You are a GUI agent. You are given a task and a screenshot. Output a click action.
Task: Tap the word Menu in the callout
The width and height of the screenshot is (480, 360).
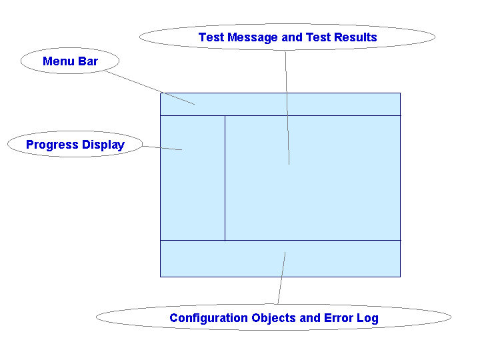pyautogui.click(x=57, y=61)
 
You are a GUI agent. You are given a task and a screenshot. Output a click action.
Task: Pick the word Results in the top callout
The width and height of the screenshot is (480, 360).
pyautogui.click(x=354, y=37)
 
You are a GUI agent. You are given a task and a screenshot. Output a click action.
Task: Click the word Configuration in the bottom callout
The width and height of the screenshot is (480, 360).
pyautogui.click(x=209, y=318)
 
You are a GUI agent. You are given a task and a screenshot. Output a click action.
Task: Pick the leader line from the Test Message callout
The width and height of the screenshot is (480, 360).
pyautogui.click(x=287, y=107)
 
